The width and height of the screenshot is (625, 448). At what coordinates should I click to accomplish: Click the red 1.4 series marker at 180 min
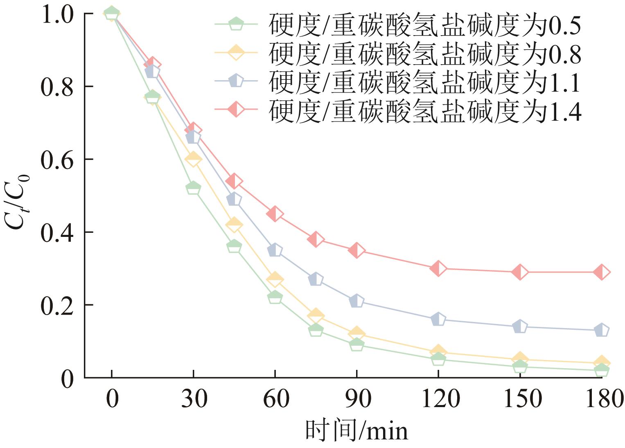(601, 272)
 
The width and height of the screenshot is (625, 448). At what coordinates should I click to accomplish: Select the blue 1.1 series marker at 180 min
(601, 330)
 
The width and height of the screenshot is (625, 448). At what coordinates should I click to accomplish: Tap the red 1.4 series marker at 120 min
(438, 268)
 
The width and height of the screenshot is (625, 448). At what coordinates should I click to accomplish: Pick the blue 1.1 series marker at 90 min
(356, 301)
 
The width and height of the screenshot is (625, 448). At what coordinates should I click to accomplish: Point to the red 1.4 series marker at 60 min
(275, 214)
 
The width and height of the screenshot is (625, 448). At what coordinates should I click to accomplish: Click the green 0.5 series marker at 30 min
(193, 188)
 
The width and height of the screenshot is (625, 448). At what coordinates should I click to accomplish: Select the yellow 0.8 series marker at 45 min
(234, 225)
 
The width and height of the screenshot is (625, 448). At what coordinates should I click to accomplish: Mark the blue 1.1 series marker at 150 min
(520, 326)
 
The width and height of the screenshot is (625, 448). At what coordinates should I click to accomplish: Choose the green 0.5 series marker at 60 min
(275, 297)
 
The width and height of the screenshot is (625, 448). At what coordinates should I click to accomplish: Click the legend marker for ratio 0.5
(236, 23)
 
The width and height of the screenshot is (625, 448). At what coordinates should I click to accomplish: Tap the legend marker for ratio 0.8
(236, 52)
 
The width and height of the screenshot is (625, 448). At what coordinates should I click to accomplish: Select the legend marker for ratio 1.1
(236, 81)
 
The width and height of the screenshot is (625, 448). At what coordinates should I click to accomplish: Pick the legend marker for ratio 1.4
(236, 110)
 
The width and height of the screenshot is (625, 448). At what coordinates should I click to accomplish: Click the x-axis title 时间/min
(356, 431)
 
